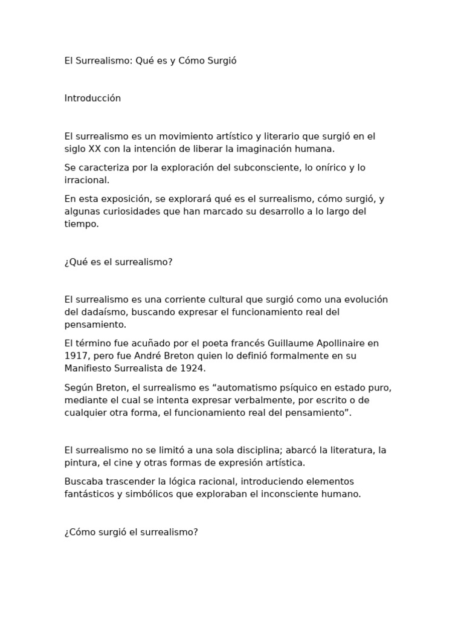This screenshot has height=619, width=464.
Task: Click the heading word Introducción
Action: coord(92,99)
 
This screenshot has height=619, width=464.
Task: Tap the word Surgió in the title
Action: coord(221,61)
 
